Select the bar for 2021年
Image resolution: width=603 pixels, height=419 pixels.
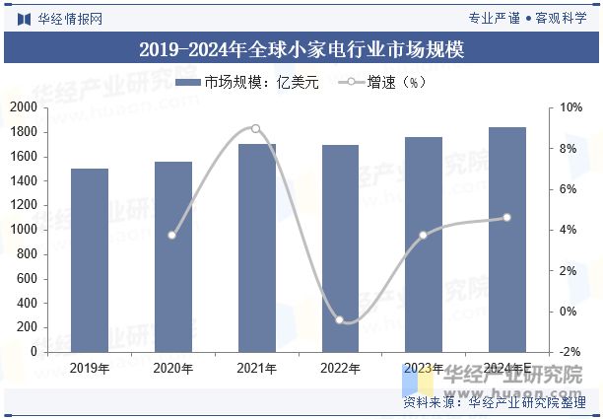coord(256,247)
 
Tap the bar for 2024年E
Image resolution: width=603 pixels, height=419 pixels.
coord(507,240)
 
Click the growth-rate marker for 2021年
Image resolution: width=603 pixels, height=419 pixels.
coord(256,128)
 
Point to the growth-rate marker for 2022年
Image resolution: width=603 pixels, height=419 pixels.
coord(340,320)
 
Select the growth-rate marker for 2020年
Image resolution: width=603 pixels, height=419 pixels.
coord(172,235)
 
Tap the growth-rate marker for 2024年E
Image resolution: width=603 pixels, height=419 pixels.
coord(507,217)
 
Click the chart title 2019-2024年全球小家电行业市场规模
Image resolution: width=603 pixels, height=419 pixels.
coord(301,49)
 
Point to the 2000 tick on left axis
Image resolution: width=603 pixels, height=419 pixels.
coord(24,107)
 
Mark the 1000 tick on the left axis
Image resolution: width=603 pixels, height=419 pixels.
coord(24,230)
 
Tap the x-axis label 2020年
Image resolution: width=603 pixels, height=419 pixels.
coord(172,368)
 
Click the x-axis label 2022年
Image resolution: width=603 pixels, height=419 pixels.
coord(340,368)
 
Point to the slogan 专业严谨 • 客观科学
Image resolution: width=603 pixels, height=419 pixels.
coord(528,18)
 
